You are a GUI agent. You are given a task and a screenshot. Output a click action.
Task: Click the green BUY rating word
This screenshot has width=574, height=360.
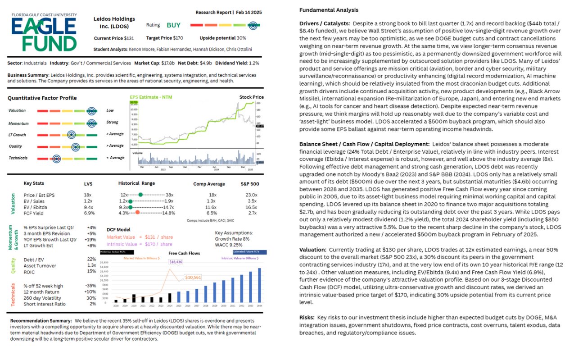[173, 25]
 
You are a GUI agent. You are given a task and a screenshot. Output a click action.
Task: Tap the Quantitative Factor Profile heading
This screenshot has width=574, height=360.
[42, 98]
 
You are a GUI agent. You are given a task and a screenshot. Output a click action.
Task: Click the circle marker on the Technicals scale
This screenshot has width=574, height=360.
[56, 158]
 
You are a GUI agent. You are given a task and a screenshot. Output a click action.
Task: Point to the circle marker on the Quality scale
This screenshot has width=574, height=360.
[76, 146]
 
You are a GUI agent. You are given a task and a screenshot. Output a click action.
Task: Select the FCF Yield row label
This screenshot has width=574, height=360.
[34, 213]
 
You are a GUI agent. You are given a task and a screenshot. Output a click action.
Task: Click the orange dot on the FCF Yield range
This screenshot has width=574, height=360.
[137, 213]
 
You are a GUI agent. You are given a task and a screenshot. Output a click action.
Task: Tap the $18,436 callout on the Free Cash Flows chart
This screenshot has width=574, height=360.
[176, 262]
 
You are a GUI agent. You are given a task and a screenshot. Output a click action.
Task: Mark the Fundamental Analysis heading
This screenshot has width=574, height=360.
[329, 10]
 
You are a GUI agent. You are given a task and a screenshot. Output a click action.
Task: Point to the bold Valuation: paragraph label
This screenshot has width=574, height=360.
[313, 249]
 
